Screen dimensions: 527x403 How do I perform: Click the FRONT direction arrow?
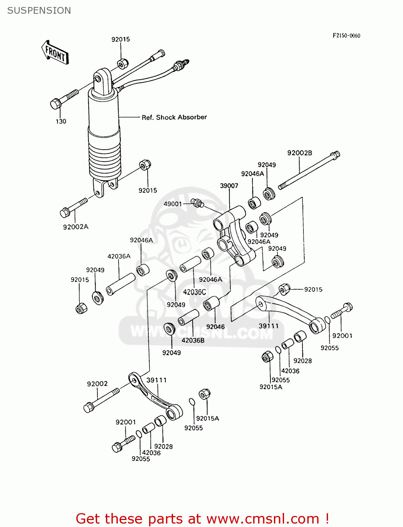point(55,53)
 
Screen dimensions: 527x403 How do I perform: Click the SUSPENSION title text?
point(39,11)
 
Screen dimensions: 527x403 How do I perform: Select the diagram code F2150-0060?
point(346,35)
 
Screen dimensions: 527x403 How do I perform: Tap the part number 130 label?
point(61,121)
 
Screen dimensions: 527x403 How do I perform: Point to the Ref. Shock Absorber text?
point(174,117)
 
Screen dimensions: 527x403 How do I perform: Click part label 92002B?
point(300,153)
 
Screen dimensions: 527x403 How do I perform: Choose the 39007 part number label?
point(229,186)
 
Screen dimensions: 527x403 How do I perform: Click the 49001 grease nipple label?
point(173,204)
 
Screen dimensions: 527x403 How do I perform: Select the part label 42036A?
point(119,256)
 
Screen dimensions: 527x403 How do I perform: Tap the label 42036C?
point(194,292)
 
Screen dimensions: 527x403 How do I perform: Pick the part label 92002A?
point(76,227)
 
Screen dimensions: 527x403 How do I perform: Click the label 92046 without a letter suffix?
point(215,327)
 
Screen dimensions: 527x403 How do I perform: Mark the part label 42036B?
point(193,340)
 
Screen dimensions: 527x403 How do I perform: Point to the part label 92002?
point(97,384)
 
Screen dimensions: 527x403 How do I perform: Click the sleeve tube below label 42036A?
point(120,284)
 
